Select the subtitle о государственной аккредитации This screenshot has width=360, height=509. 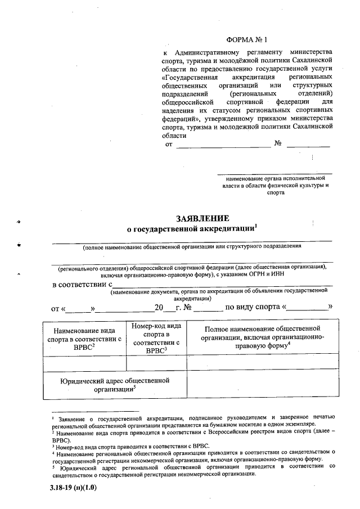(x=191, y=229)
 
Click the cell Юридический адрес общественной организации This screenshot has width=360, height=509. (x=115, y=385)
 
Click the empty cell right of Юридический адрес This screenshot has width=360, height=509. (x=262, y=385)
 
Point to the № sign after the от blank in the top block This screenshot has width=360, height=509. (x=277, y=145)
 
